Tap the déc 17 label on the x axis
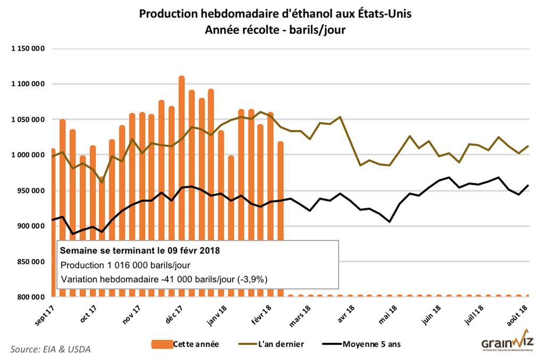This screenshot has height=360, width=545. (x=174, y=314)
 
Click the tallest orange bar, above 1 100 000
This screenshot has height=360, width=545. (x=181, y=160)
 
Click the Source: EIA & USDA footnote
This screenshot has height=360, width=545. (x=51, y=349)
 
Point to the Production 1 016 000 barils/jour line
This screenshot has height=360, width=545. (x=126, y=265)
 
